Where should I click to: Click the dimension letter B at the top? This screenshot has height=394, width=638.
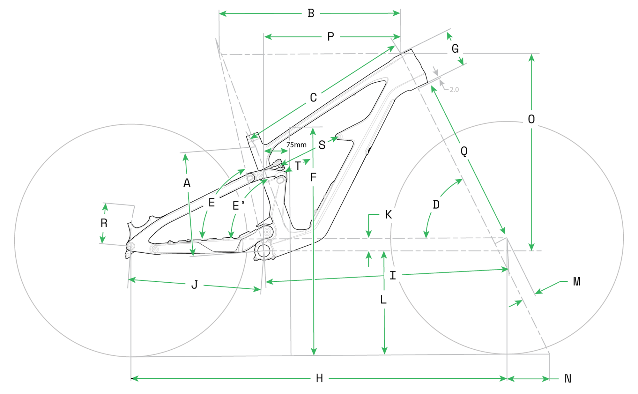(x=311, y=13)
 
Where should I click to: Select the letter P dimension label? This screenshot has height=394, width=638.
(x=330, y=37)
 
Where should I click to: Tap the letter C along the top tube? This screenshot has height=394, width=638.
(x=313, y=98)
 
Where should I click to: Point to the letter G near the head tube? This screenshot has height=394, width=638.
(x=455, y=49)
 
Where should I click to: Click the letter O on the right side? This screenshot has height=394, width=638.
(x=531, y=119)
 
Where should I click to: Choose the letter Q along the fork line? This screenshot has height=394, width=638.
(x=464, y=151)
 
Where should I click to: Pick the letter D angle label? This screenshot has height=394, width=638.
(x=436, y=204)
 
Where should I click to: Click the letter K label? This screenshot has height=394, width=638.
(x=388, y=215)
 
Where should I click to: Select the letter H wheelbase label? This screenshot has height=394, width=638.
(x=319, y=378)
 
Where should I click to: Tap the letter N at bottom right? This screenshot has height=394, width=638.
(x=568, y=379)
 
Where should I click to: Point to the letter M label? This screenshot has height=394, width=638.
(x=576, y=282)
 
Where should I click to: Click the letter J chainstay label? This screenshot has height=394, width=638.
(x=194, y=284)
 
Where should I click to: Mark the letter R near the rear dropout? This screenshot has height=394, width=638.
(x=104, y=223)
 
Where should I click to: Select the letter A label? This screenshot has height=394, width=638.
(x=187, y=183)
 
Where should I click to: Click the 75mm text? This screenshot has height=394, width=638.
(x=296, y=145)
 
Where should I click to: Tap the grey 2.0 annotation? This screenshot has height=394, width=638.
(x=454, y=90)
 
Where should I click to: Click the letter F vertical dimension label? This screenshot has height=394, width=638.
(x=313, y=177)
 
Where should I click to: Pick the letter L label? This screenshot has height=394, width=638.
(x=383, y=300)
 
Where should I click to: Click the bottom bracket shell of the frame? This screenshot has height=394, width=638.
(x=264, y=251)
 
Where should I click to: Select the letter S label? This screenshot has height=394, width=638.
(x=322, y=145)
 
